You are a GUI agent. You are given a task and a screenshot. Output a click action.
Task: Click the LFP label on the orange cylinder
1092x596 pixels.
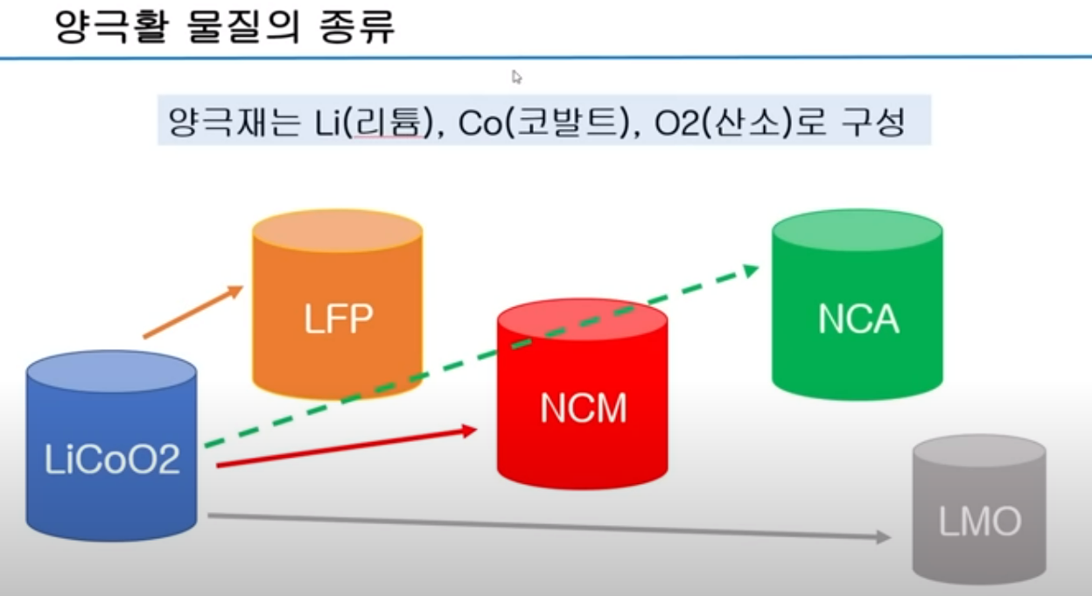pos(338,319)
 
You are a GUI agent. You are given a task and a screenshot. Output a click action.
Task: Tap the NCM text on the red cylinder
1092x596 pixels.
pos(583,409)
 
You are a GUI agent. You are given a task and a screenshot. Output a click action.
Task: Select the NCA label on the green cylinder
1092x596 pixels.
pos(857,319)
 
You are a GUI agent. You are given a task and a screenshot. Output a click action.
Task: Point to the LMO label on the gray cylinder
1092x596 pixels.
pos(979,522)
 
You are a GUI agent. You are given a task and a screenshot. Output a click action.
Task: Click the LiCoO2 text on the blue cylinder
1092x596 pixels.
pos(112,459)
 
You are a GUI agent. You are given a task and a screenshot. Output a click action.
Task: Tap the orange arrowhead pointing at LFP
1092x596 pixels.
pos(234,290)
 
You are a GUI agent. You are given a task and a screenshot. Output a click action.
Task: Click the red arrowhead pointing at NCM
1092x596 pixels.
pos(469,430)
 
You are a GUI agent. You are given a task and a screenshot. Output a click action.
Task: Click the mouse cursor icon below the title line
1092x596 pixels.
pos(517,77)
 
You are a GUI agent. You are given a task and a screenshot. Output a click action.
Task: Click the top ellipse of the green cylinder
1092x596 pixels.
pos(857,231)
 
